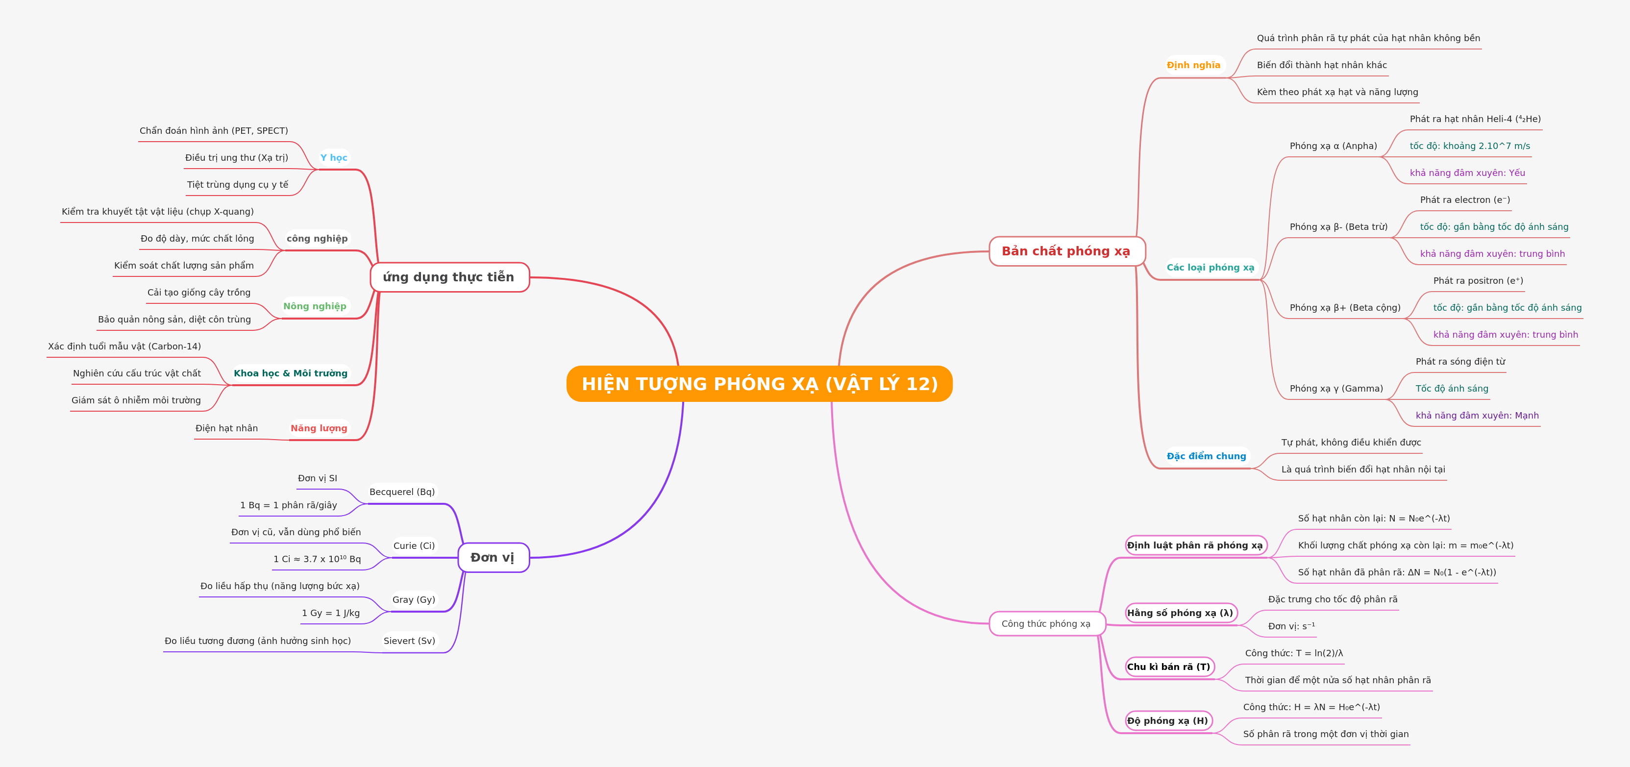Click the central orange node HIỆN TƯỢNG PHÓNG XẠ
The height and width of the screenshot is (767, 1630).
point(759,383)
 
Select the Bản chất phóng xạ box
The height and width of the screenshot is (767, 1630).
point(1067,251)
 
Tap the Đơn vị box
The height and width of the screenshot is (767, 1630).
point(494,558)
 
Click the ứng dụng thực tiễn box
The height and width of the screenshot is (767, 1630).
point(449,277)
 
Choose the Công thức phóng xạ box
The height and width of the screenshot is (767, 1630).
point(1047,623)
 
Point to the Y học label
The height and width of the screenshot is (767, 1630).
point(333,158)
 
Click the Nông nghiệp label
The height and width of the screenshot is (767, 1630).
point(315,306)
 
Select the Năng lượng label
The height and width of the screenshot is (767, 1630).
point(319,428)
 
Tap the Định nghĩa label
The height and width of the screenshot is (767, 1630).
point(1193,65)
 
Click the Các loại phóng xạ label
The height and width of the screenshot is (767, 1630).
point(1210,268)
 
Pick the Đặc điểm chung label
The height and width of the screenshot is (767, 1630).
point(1206,456)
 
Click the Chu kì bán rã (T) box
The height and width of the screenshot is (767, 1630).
point(1169,667)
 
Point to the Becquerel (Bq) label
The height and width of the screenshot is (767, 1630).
point(402,492)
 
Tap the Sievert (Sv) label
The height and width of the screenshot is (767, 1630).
point(409,641)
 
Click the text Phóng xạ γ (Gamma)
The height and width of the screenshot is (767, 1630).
point(1336,389)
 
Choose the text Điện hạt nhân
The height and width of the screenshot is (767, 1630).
point(226,428)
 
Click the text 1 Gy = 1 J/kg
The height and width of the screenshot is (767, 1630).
point(331,613)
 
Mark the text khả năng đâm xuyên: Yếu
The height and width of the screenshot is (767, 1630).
point(1467,173)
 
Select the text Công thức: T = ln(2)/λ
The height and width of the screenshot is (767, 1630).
point(1294,653)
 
